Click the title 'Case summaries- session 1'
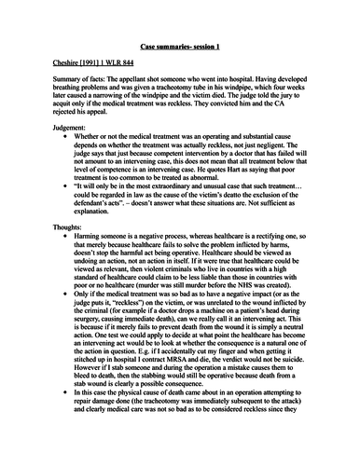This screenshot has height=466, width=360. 179,47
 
